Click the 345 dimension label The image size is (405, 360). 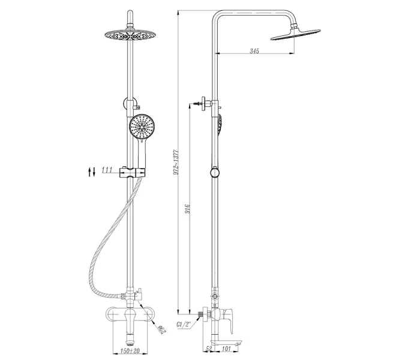(254, 51)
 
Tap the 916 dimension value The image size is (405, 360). (188, 209)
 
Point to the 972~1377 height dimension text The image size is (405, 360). (176, 162)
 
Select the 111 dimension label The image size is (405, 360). (107, 170)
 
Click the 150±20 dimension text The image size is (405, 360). (130, 350)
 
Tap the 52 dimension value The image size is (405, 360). (209, 349)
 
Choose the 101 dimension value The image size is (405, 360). (226, 349)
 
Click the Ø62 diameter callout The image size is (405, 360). (161, 330)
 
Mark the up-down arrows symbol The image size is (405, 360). (91, 172)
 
